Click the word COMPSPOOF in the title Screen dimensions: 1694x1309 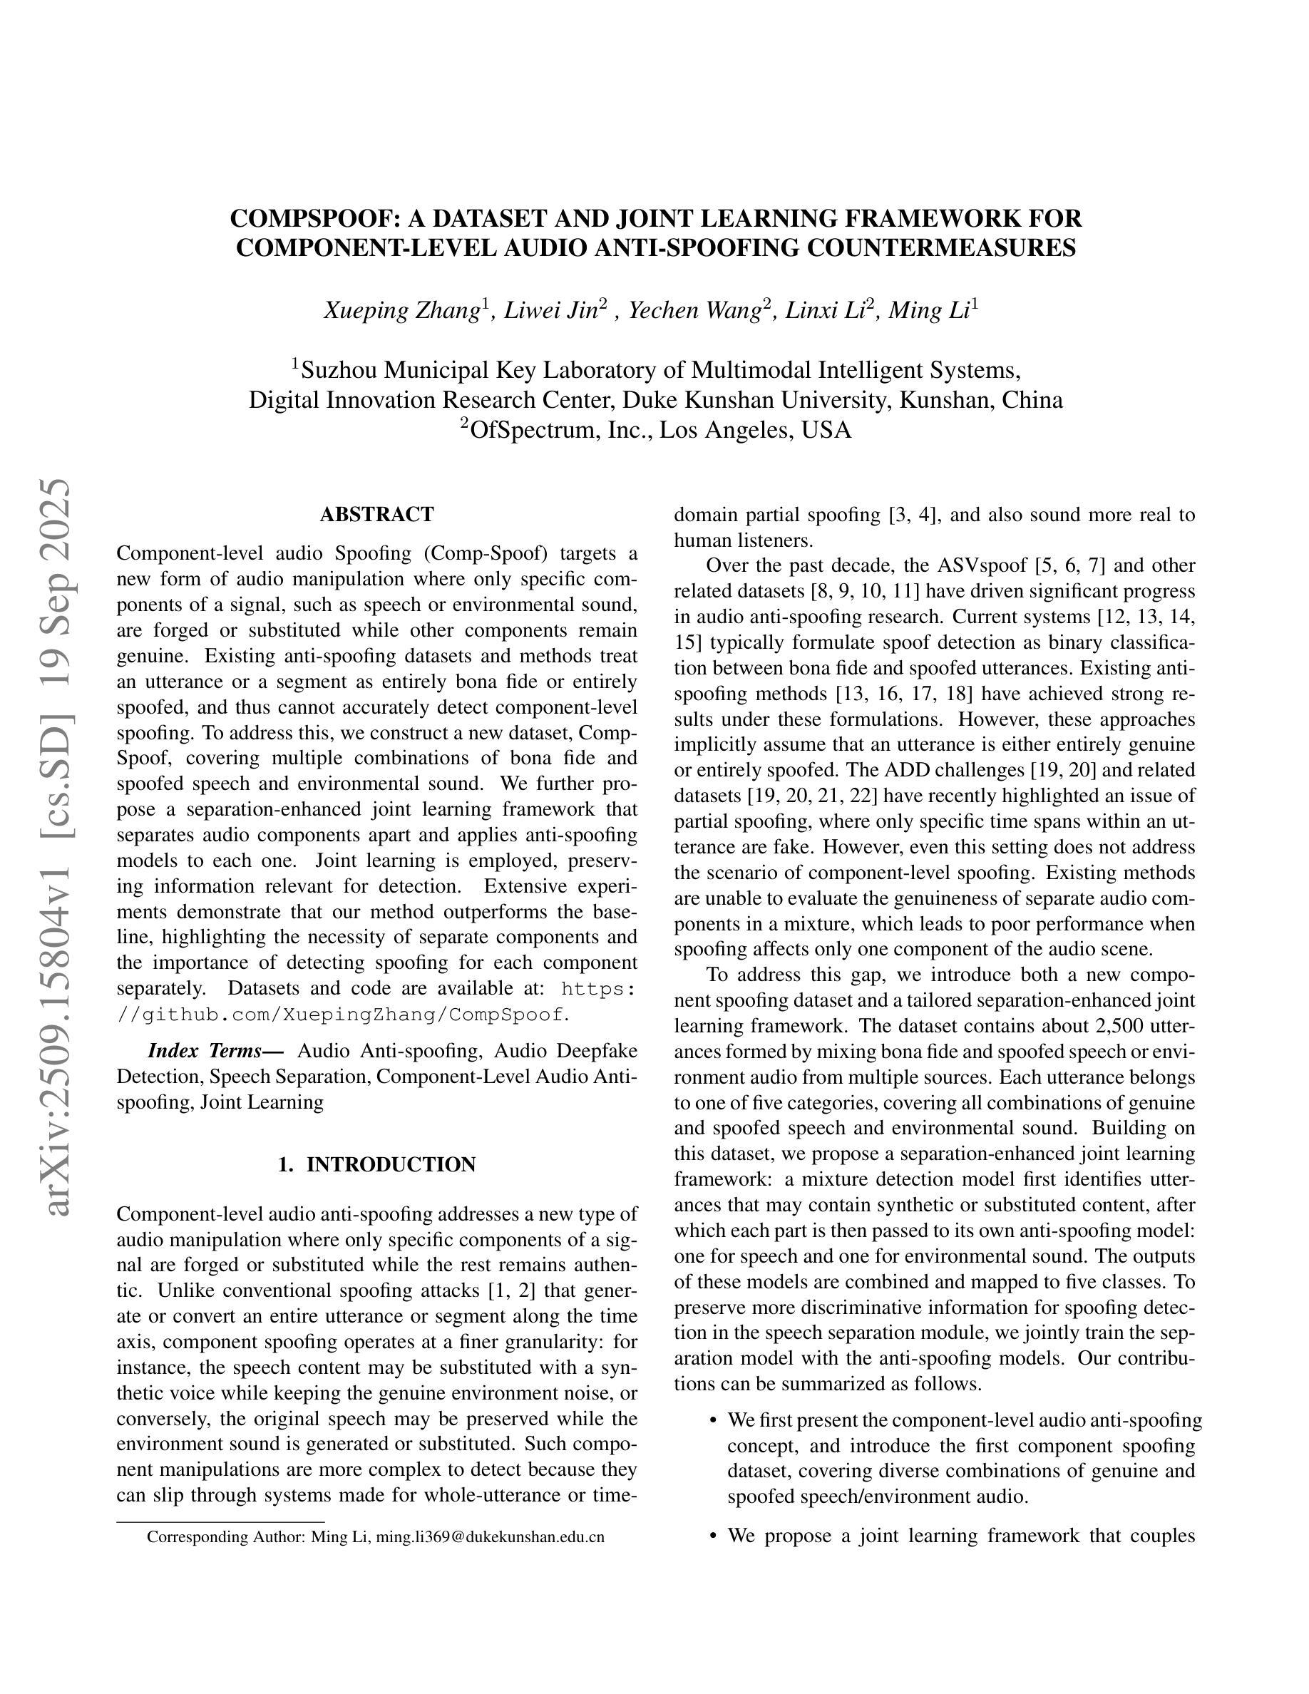(314, 219)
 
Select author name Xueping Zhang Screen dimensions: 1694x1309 (401, 311)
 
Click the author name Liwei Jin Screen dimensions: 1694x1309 (550, 311)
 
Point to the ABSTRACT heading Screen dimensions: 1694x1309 (377, 514)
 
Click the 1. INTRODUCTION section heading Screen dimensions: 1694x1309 (377, 1164)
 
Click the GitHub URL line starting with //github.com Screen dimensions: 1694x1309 (342, 1014)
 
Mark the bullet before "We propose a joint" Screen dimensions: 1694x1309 (714, 1536)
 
